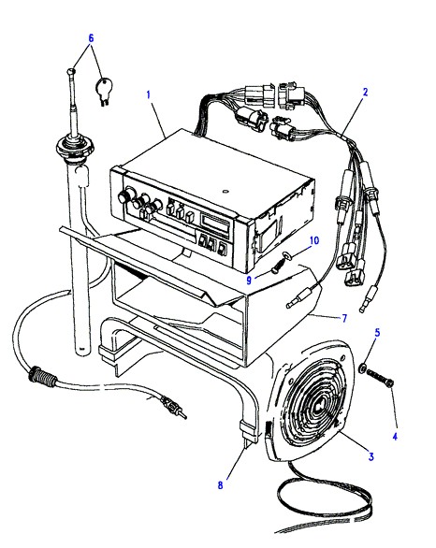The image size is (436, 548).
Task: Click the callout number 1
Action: click(x=148, y=94)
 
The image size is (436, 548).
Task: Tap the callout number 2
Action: click(x=366, y=93)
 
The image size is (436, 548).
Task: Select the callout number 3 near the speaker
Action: click(x=371, y=456)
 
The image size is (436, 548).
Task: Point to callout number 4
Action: click(x=395, y=436)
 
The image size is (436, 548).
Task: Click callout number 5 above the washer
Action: click(x=377, y=332)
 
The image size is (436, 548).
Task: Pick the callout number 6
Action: click(x=92, y=38)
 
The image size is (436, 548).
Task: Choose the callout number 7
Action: click(x=344, y=318)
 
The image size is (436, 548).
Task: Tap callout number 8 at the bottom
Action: click(x=220, y=485)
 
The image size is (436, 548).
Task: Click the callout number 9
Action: click(x=249, y=281)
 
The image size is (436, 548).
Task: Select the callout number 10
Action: click(x=314, y=240)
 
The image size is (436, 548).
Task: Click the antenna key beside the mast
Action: click(x=103, y=91)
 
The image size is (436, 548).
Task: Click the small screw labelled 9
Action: click(x=278, y=267)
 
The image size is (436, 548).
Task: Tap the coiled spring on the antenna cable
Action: click(x=43, y=376)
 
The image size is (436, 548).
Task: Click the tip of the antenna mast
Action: click(x=71, y=71)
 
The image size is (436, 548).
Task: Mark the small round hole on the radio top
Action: click(x=225, y=191)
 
